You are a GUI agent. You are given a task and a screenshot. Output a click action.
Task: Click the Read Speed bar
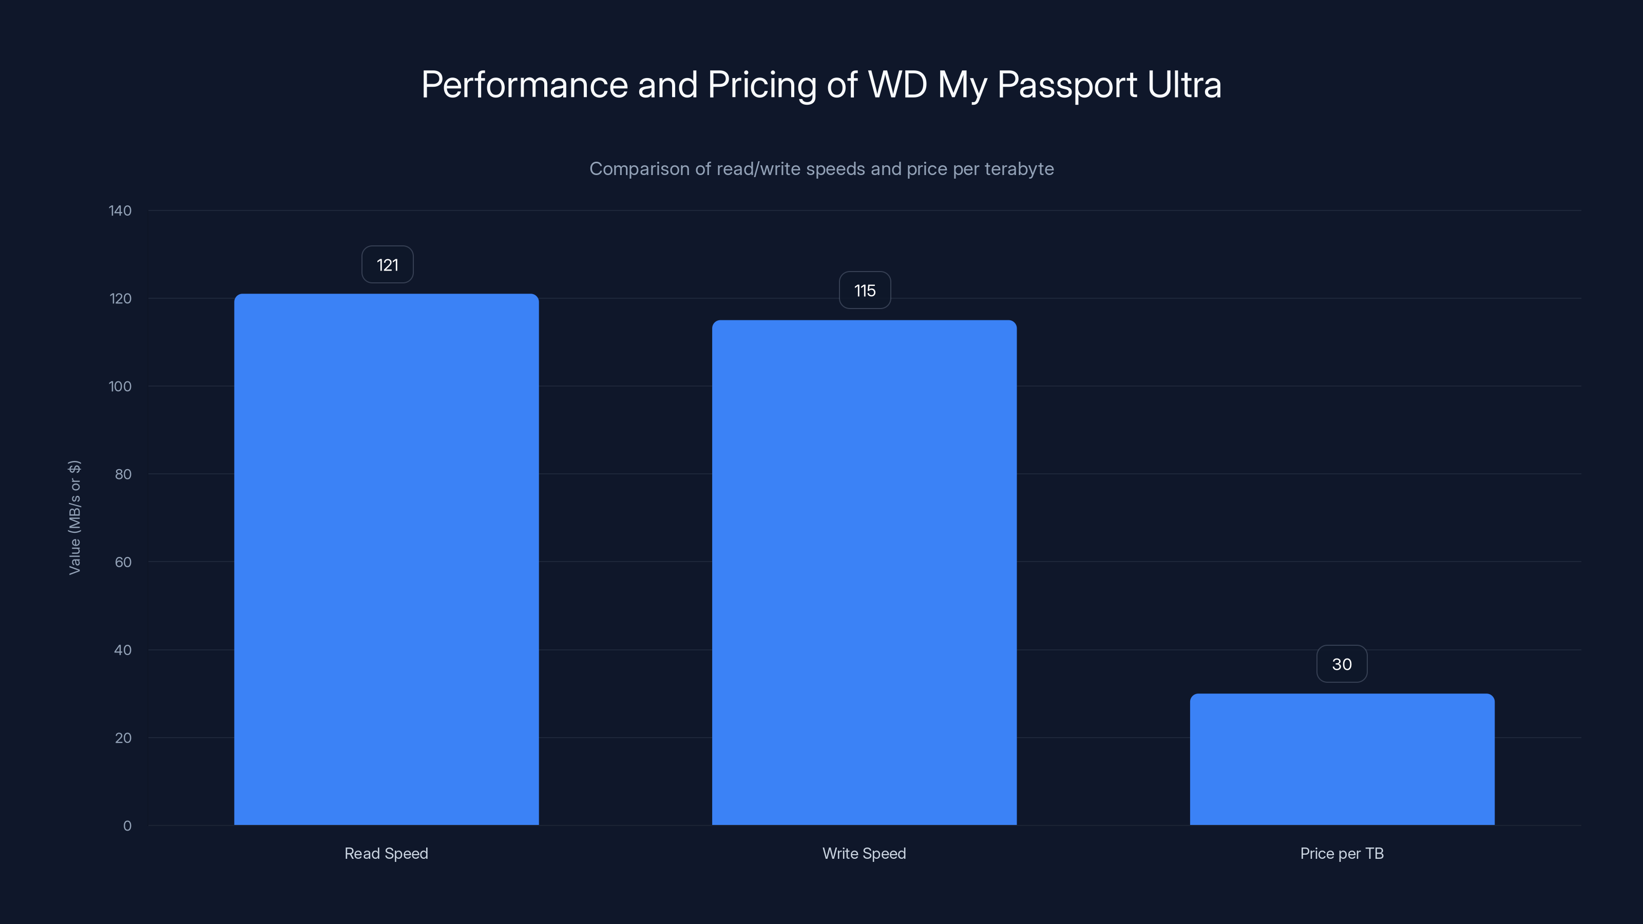[x=386, y=559]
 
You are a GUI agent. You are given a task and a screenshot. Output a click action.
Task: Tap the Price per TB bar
[x=1342, y=759]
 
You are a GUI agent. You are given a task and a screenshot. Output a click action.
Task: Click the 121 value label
[x=387, y=265]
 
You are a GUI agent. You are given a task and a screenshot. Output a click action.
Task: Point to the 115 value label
[x=864, y=291]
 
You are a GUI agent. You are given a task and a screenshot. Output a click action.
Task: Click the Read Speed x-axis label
[x=386, y=853]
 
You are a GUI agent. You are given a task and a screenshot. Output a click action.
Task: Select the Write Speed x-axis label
[x=864, y=853]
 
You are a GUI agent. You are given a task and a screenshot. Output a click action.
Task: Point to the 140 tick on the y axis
[x=120, y=210]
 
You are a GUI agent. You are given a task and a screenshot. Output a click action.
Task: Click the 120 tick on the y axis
[x=120, y=298]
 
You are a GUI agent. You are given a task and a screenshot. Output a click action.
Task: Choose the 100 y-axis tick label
[x=120, y=387]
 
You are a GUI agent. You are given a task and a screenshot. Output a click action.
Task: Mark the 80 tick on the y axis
[x=123, y=474]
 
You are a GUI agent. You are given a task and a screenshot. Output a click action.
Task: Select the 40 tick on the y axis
[x=123, y=650]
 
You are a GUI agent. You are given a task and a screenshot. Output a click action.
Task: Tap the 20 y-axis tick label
[x=123, y=738]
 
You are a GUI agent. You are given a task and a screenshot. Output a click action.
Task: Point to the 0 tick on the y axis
[x=127, y=826]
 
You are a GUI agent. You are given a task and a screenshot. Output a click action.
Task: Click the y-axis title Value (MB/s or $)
[x=74, y=517]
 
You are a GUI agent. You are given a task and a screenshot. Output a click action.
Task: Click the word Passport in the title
[x=1066, y=85]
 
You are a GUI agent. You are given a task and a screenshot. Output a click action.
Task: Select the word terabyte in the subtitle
[x=1019, y=169]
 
